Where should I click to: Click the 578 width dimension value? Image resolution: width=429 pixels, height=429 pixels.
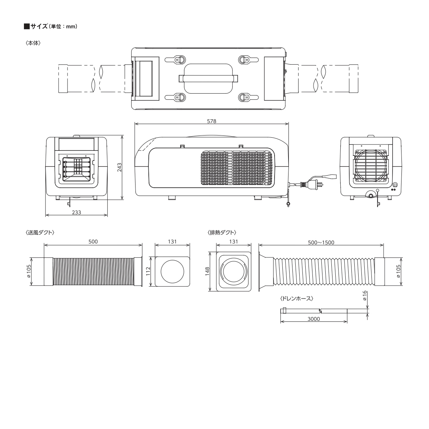point(211,121)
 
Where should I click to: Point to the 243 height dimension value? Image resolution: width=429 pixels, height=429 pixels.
point(119,167)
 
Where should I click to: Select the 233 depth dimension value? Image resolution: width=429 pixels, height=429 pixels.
point(77,212)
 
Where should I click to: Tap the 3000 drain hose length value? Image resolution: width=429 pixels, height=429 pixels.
point(314,319)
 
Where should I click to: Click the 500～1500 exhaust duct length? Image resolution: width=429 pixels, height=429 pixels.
point(321,242)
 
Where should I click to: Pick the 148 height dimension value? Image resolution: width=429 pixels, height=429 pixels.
point(207,272)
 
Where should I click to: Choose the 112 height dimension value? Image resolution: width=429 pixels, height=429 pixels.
point(148,271)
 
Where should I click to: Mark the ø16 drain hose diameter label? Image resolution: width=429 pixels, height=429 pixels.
point(364,296)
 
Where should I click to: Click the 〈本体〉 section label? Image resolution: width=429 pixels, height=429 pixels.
point(33,43)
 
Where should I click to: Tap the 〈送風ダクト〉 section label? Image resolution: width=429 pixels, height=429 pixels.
point(40,232)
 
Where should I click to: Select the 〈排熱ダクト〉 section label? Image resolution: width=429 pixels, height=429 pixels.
point(222,232)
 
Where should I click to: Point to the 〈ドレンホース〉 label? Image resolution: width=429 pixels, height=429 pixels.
point(297,298)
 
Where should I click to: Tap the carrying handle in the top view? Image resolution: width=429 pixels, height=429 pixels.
point(208,78)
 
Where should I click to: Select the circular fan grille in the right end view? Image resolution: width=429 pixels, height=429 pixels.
point(370,166)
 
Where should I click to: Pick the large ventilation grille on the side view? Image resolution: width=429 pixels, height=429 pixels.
point(236,168)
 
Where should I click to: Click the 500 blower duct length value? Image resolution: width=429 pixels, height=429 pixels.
point(93,242)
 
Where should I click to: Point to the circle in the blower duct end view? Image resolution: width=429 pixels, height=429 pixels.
point(172,272)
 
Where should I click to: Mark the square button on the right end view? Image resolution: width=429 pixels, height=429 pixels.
point(395,184)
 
